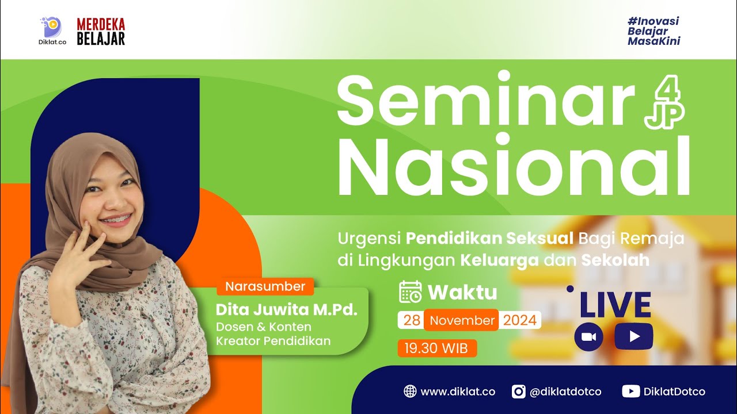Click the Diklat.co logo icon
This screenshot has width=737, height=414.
coord(51,26)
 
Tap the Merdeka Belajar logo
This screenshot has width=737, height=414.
coord(101,31)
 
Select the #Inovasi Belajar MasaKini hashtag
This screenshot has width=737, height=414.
coord(654,31)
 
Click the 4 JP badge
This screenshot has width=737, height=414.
coord(664,103)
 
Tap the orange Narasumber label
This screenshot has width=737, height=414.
coord(265,286)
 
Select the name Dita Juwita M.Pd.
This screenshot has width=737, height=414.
coord(287,309)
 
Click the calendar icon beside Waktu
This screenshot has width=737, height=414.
coord(411,292)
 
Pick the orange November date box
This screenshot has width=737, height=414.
coord(462,320)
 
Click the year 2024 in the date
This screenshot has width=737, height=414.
coord(520,320)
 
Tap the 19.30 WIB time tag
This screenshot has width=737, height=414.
coord(436,348)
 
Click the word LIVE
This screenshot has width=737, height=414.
coord(615,305)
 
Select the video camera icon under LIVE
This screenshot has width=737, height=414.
coord(588,337)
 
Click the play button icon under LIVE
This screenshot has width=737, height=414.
coord(634,336)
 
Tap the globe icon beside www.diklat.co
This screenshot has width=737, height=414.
coord(410,392)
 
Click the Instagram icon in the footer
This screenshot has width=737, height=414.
coord(519,392)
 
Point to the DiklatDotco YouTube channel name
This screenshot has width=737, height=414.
coord(674,392)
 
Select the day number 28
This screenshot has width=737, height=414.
coord(411,320)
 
